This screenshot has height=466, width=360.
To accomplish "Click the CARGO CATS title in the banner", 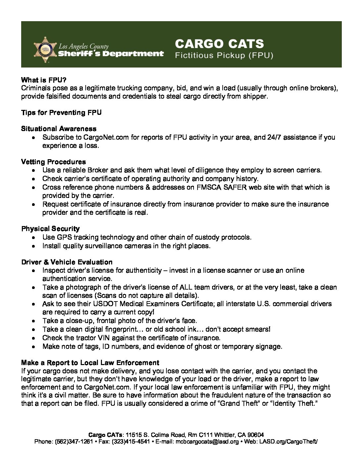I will (x=219, y=44).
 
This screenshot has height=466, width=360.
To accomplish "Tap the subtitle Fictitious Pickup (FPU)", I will (x=224, y=55).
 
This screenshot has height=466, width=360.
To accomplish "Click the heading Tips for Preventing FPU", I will (x=61, y=113).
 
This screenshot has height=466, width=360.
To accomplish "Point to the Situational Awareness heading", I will (x=59, y=129).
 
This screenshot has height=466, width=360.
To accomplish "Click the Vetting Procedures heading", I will (x=53, y=162).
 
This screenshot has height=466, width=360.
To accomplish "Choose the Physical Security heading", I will (x=50, y=229).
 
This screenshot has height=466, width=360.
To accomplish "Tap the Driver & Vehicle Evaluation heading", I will (x=67, y=262).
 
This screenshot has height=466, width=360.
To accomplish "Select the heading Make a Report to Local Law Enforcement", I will (x=90, y=363).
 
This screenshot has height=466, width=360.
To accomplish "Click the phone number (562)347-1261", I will (x=74, y=442).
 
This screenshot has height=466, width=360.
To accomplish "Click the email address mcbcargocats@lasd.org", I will (x=207, y=442).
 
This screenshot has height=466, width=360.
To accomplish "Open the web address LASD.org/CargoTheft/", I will (x=288, y=442).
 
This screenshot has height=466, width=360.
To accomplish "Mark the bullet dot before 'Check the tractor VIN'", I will (x=34, y=338).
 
